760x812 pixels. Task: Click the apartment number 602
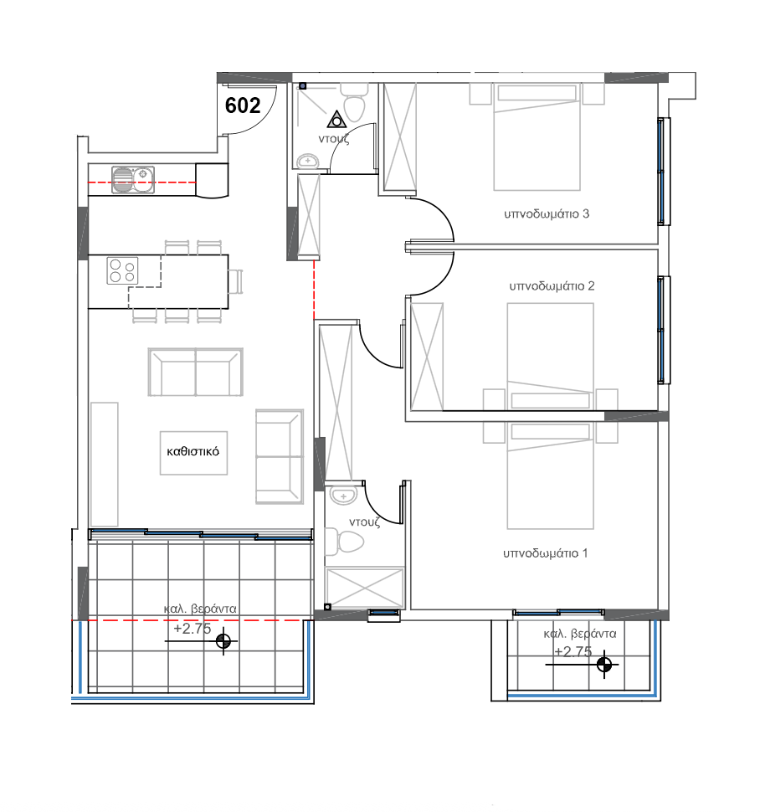coord(243,105)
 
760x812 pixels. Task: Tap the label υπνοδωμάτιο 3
coord(547,213)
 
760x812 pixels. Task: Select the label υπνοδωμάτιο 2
coord(552,285)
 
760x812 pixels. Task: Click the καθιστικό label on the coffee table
coord(193,450)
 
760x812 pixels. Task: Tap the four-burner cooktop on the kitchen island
coord(122,270)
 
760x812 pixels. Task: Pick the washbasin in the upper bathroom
coord(307,160)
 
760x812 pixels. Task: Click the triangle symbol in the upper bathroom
coord(336,119)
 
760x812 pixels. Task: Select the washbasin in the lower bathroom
coord(343,497)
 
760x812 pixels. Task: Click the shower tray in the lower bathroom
coord(363,587)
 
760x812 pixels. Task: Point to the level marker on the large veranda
coord(223,642)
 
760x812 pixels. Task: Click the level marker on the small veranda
coord(603,666)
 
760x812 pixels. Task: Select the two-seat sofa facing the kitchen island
coord(195,373)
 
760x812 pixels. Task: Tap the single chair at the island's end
coord(236,281)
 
